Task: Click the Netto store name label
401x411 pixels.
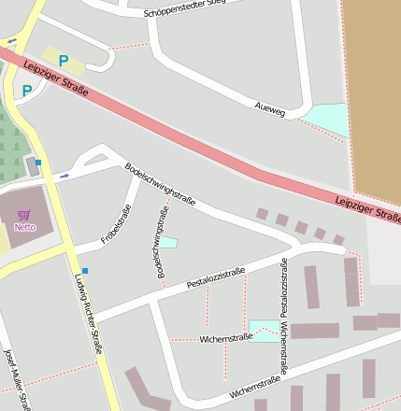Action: point(24,226)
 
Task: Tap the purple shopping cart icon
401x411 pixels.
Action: point(23,215)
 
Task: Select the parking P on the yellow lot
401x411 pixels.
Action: point(64,61)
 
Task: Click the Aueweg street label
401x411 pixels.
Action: point(269,108)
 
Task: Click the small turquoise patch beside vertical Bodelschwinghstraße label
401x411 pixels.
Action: point(168,243)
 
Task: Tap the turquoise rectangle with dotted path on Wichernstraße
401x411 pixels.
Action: point(265,330)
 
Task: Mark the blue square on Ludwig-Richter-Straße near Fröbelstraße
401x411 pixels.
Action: point(84,271)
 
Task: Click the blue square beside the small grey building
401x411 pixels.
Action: point(38,163)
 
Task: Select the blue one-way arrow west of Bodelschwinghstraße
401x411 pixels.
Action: point(64,175)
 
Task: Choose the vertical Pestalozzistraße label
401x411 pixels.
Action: point(285,285)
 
